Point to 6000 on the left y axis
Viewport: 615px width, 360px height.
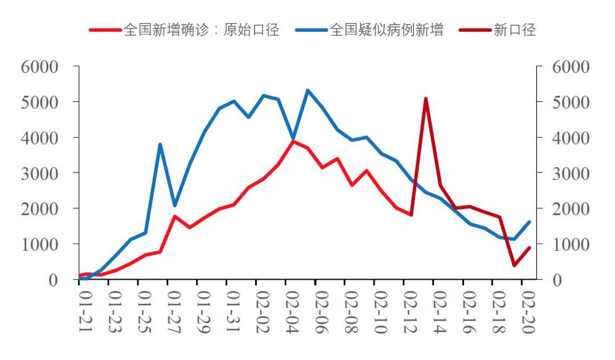point(40,67)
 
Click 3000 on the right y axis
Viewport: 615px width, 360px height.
point(571,173)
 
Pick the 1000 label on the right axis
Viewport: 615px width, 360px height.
point(571,244)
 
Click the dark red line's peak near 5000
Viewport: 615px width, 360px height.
point(426,99)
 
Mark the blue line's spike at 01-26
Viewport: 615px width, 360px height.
point(160,144)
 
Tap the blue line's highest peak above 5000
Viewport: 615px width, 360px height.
point(307,90)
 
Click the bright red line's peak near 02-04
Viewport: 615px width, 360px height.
point(293,141)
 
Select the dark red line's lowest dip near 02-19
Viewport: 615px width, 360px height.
point(514,265)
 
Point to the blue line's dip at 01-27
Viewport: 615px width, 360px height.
point(175,206)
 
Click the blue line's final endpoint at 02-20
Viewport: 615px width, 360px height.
point(529,222)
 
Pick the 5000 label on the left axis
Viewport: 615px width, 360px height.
point(40,102)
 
